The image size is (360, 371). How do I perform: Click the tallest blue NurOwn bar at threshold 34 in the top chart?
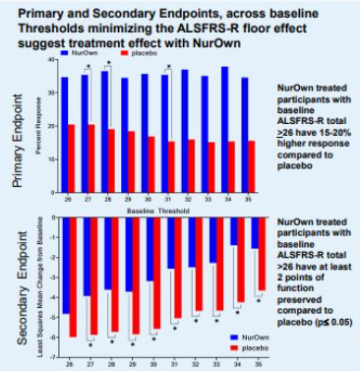225,118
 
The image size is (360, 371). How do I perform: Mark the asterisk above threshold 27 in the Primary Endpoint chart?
89,67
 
